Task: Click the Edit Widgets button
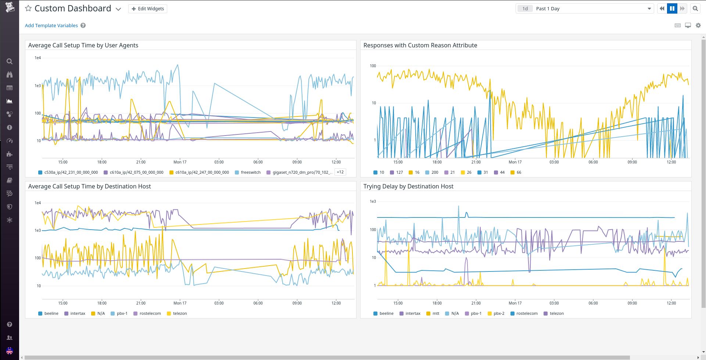tap(148, 9)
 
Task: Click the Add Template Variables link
tap(51, 25)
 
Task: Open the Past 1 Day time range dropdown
tap(584, 9)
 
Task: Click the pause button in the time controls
tap(672, 9)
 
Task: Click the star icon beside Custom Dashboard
tap(28, 8)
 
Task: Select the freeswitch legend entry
tap(250, 172)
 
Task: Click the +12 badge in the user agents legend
tap(340, 172)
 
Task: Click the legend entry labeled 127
tap(399, 172)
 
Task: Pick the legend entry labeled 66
tap(519, 172)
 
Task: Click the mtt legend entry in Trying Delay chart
tap(436, 313)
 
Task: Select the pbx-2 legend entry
tap(499, 313)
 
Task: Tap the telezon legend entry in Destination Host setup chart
tap(180, 313)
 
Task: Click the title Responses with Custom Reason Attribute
tap(420, 45)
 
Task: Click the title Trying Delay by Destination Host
tap(408, 186)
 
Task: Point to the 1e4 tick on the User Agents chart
tap(37, 58)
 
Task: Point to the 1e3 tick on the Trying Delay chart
tap(373, 201)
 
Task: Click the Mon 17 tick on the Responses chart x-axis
tap(515, 162)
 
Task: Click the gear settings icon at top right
tap(698, 25)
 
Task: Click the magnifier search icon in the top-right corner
tap(695, 9)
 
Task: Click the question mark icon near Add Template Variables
tap(83, 25)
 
